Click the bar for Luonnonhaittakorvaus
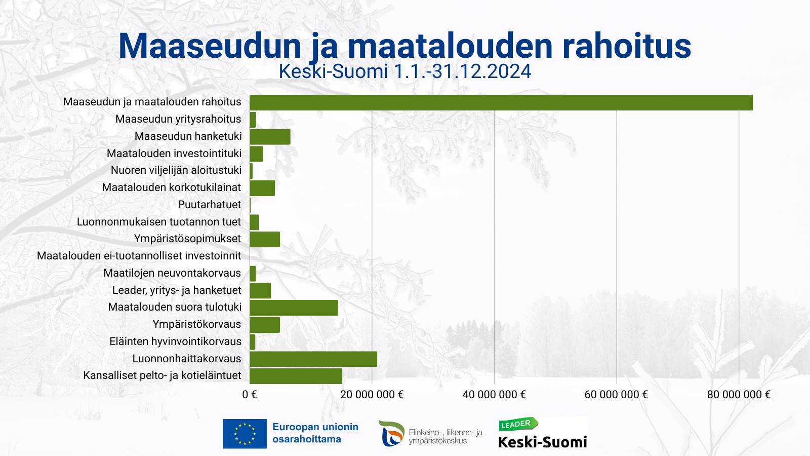[313, 359]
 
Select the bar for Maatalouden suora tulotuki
[294, 308]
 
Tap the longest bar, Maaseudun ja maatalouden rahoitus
[501, 102]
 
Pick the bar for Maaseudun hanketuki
[270, 137]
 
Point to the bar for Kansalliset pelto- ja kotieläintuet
[296, 376]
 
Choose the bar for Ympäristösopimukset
[265, 239]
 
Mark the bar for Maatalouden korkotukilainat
[262, 188]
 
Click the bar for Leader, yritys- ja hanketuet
[260, 291]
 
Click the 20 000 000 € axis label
[372, 395]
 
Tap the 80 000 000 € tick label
[739, 395]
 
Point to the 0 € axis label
[250, 395]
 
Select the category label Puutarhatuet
[210, 205]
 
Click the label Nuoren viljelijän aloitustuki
[176, 170]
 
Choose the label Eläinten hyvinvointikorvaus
[176, 341]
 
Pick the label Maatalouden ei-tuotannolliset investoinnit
[139, 256]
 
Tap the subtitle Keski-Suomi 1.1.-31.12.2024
[405, 71]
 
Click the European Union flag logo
[245, 434]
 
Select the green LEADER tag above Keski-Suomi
[517, 424]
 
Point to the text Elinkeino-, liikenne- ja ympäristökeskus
[445, 436]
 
